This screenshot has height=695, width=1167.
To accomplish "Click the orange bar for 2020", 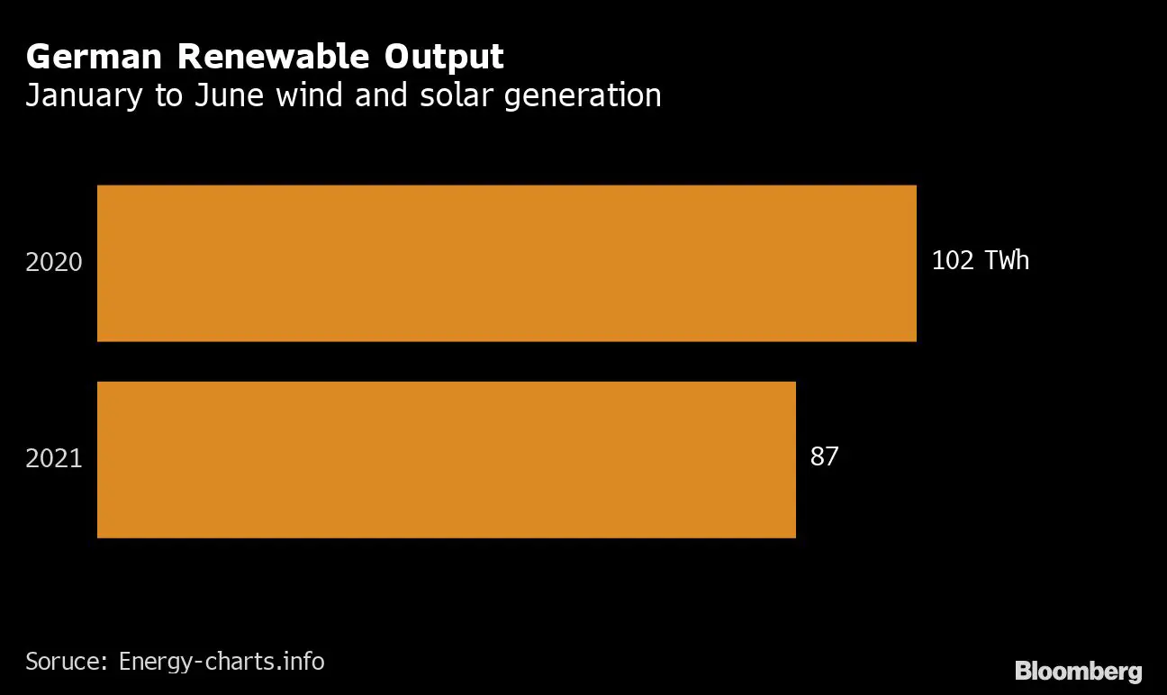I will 506,263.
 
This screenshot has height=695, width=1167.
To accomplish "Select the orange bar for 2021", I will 446,459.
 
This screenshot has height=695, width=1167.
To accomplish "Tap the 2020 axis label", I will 54,263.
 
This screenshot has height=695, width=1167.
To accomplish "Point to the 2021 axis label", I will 54,458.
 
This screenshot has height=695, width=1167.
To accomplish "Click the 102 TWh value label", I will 980,261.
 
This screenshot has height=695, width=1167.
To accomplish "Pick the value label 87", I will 824,456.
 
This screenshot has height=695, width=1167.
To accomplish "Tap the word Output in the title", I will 445,57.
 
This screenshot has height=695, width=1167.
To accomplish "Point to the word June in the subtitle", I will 230,95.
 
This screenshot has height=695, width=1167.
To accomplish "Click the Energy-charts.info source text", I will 222,662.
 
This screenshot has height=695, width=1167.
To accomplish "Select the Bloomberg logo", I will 1078,672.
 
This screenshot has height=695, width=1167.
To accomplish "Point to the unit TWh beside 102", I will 1007,261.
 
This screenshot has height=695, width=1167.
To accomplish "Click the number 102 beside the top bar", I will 953,261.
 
